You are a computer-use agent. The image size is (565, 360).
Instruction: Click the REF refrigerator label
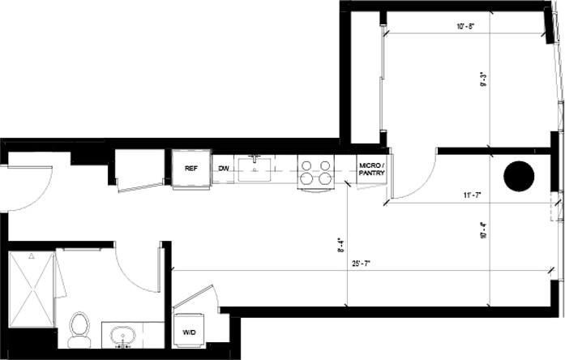191,169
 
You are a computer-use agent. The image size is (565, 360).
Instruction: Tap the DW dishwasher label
224,169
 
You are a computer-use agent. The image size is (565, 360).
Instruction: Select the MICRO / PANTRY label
372,169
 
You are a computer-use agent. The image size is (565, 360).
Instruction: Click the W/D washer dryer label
189,332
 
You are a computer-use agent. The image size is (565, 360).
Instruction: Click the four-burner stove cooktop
315,172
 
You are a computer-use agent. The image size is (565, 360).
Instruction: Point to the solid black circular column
518,175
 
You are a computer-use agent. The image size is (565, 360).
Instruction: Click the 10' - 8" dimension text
465,26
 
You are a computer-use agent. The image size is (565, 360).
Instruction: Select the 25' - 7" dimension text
362,264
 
